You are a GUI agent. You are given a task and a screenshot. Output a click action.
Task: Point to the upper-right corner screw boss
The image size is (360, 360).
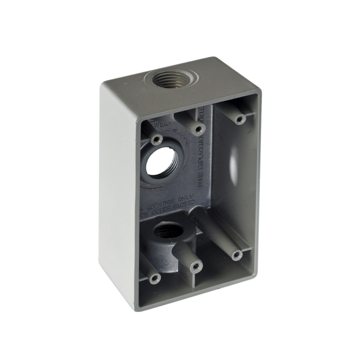(x=240, y=120)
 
